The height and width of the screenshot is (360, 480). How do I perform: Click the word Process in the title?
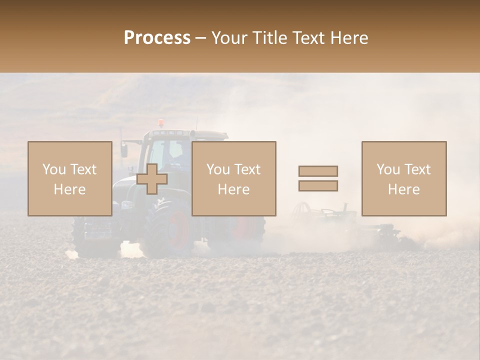(157, 38)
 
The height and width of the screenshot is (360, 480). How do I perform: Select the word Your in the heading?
(230, 38)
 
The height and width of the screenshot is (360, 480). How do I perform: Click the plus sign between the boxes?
(152, 179)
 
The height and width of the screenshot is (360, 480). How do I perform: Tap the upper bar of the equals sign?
(318, 171)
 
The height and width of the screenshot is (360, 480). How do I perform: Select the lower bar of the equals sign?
(318, 186)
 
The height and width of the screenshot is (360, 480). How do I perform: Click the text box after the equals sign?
(404, 178)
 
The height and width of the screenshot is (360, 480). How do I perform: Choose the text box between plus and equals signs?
(234, 178)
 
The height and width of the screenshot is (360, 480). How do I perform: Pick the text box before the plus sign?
(70, 178)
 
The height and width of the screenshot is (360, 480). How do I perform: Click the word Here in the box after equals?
(404, 189)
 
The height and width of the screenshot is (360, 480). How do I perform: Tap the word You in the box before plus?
(54, 169)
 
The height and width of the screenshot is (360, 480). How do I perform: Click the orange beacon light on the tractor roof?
(160, 123)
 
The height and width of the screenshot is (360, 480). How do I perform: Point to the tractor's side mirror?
(124, 150)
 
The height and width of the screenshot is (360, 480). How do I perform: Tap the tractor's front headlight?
(127, 205)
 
